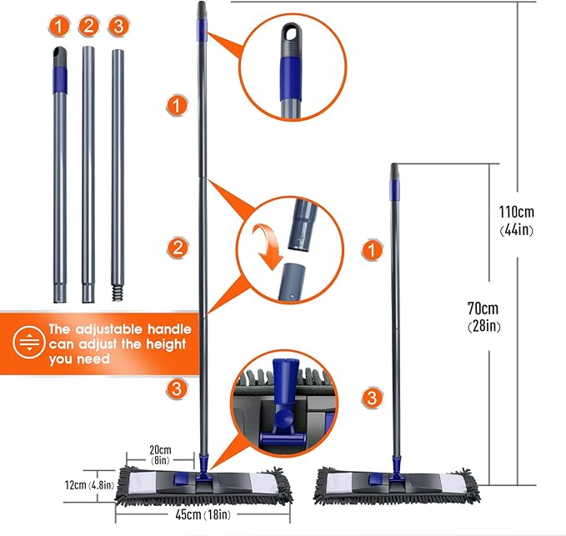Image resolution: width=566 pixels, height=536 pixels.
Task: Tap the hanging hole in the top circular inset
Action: (x=290, y=34)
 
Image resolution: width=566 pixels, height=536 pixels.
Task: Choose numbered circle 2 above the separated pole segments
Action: (x=88, y=27)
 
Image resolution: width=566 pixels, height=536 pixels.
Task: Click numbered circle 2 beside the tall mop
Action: (x=176, y=248)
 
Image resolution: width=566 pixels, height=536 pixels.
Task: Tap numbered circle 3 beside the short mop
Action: (x=372, y=397)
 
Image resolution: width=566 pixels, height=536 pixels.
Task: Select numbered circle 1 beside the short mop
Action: (x=372, y=249)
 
